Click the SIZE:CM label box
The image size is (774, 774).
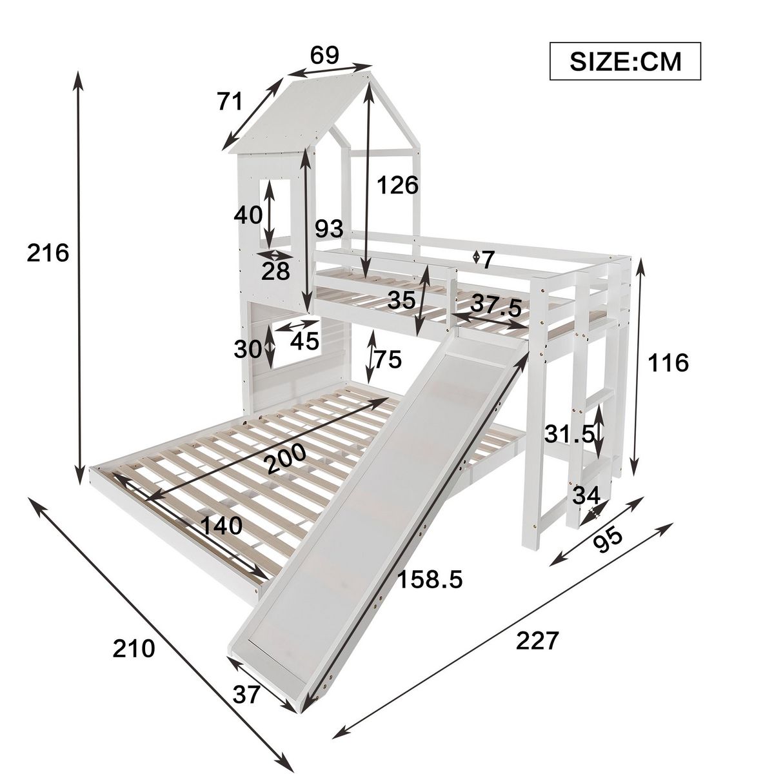(x=624, y=62)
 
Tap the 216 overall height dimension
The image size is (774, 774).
(x=48, y=253)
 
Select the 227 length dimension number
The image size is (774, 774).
(x=536, y=641)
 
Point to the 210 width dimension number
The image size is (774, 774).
(x=134, y=648)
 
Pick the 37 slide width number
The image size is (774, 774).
(x=246, y=695)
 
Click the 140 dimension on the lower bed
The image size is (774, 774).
(x=221, y=526)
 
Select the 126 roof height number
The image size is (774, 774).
(x=397, y=185)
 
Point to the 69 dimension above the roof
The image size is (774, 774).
(x=324, y=55)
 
